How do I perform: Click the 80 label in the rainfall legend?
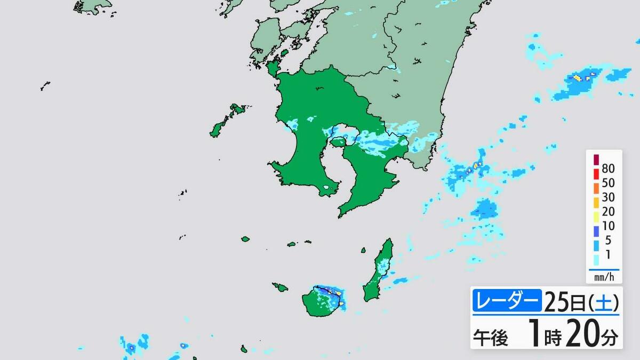608,169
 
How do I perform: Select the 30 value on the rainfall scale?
608,197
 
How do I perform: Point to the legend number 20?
608,212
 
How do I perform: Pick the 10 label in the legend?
608,226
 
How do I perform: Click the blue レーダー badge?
507,302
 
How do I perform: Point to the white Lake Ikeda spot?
327,188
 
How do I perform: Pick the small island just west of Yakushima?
280,287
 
